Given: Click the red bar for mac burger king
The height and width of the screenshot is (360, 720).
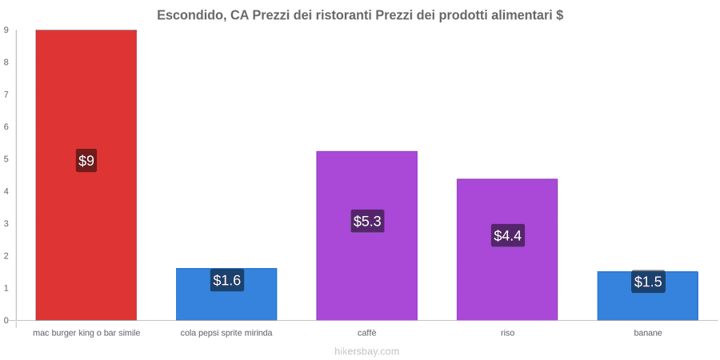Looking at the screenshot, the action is pos(86,175).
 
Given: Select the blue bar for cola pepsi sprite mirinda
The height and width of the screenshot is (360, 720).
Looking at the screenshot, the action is pos(226,294).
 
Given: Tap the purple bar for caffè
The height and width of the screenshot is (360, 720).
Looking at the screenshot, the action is pos(367,235).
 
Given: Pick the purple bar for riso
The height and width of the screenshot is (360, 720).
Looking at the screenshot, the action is pos(507,250).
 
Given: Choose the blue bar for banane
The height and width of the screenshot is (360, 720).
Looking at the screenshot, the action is pos(647,296).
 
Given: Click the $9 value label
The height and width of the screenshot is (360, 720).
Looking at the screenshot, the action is pos(86,161).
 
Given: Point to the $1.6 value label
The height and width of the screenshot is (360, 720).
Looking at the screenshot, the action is pos(227,280).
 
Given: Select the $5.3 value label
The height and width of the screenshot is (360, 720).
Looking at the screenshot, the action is pos(367,221).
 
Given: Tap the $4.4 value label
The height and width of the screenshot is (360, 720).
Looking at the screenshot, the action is pos(508,235).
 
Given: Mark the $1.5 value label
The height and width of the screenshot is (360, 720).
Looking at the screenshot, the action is pos(648,282).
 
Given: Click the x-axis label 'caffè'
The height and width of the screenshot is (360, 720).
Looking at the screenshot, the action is pos(367,333).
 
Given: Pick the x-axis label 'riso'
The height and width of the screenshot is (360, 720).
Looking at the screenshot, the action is pos(507,333).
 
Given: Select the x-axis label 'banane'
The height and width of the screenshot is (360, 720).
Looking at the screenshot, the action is pos(648,333).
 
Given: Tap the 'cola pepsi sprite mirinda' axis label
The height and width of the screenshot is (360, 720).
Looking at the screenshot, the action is pos(226,333).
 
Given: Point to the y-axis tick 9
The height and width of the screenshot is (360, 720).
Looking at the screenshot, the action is pos(6,30).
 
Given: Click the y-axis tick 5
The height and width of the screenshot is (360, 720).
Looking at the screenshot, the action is pos(6,159).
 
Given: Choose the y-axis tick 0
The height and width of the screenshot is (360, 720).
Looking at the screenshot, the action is pos(6,320).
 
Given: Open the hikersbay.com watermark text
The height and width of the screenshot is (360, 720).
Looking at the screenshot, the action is pos(367,351).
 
